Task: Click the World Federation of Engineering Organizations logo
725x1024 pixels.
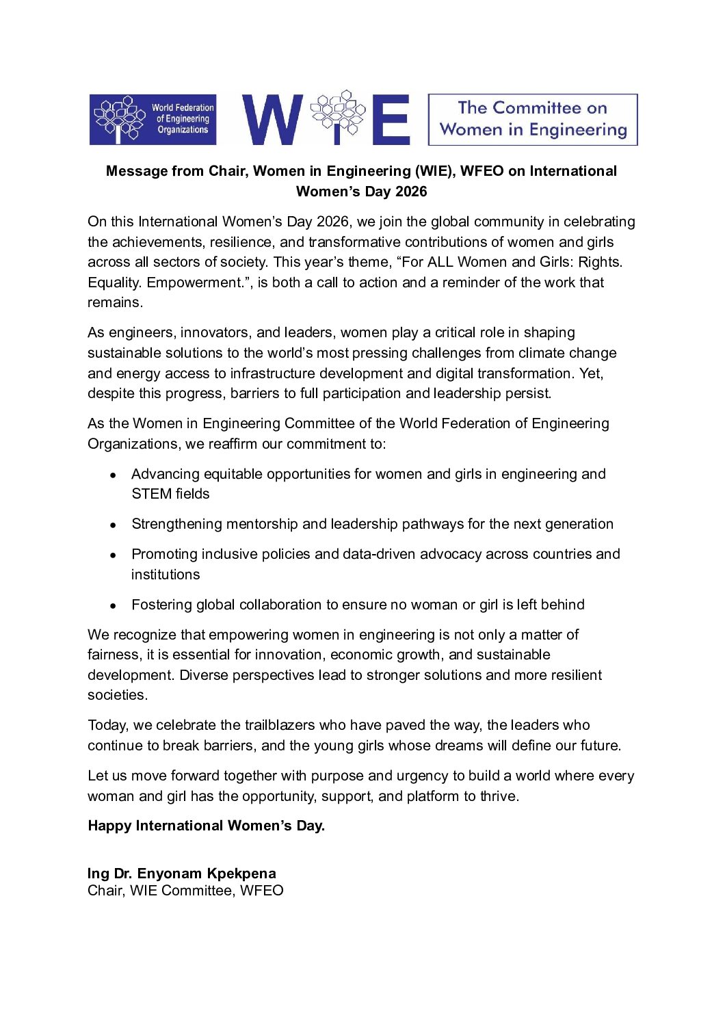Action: point(153,120)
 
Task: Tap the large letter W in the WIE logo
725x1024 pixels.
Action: point(272,120)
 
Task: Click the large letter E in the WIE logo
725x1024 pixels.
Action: point(395,120)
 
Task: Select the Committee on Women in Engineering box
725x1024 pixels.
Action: point(532,120)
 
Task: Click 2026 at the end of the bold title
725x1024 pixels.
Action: point(411,192)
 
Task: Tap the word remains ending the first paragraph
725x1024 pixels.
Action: point(114,302)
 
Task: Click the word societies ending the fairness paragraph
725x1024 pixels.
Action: point(116,695)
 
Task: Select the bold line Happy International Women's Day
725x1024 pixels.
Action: point(206,826)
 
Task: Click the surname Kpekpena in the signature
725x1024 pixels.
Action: point(241,874)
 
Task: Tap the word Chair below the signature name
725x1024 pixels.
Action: point(105,891)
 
